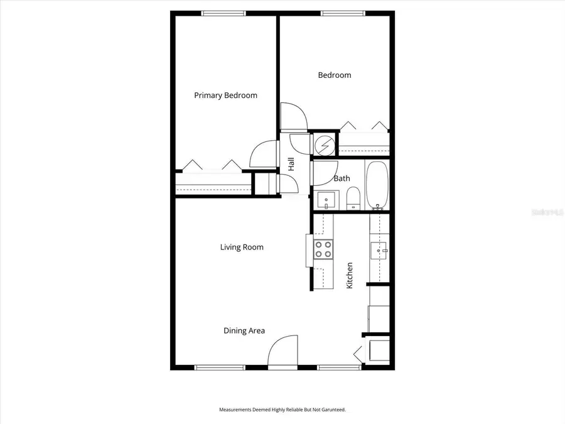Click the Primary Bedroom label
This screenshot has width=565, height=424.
pos(225,95)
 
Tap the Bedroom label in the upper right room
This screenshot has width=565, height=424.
pos(334,75)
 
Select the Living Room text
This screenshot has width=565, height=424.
pos(242,247)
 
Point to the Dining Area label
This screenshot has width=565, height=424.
pos(244,331)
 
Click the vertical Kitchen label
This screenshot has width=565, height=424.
pos(350,275)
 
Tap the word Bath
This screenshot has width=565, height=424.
pos(342,179)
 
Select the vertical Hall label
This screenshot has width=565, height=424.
pos(291,165)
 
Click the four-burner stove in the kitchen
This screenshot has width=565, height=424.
pos(323,249)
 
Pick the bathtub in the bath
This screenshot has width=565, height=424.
pos(378,185)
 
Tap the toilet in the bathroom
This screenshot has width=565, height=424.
pos(353,198)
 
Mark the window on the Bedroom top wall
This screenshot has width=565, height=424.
pos(342,13)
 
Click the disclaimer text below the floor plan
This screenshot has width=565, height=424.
pos(282,410)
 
